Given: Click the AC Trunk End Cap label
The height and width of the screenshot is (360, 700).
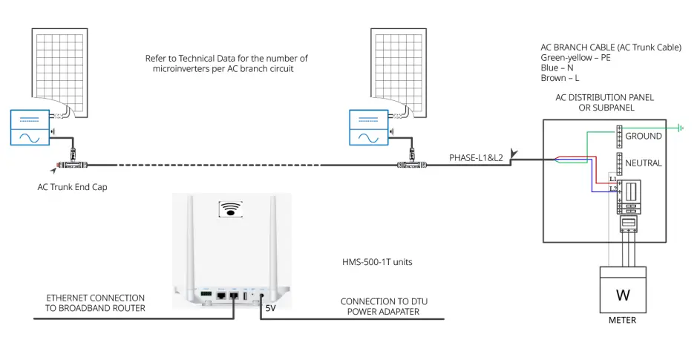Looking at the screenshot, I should [72, 187].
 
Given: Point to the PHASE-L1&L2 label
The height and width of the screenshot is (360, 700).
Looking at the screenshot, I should [476, 157].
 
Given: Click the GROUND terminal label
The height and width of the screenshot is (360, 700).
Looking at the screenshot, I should [644, 137].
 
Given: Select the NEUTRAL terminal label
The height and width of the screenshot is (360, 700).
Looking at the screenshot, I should [644, 163].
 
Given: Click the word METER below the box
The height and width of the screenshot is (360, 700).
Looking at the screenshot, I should [622, 321].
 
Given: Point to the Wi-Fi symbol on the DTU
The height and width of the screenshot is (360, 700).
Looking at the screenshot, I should [233, 209].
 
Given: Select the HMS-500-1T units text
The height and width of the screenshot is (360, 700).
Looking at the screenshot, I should [367, 262].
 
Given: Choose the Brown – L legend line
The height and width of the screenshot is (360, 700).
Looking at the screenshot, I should [560, 76].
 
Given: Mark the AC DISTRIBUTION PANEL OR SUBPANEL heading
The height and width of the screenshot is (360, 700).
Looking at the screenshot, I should [605, 102].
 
